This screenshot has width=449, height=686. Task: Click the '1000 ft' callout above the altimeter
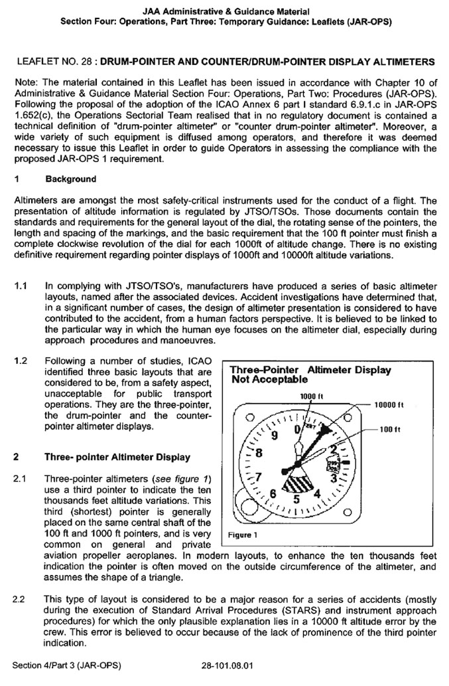pos(310,396)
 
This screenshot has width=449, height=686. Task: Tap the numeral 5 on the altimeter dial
pos(298,498)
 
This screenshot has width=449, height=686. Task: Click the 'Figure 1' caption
pos(243,535)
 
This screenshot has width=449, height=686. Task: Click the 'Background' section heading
pos(71,179)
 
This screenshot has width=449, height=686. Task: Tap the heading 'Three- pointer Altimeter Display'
pos(117,457)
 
